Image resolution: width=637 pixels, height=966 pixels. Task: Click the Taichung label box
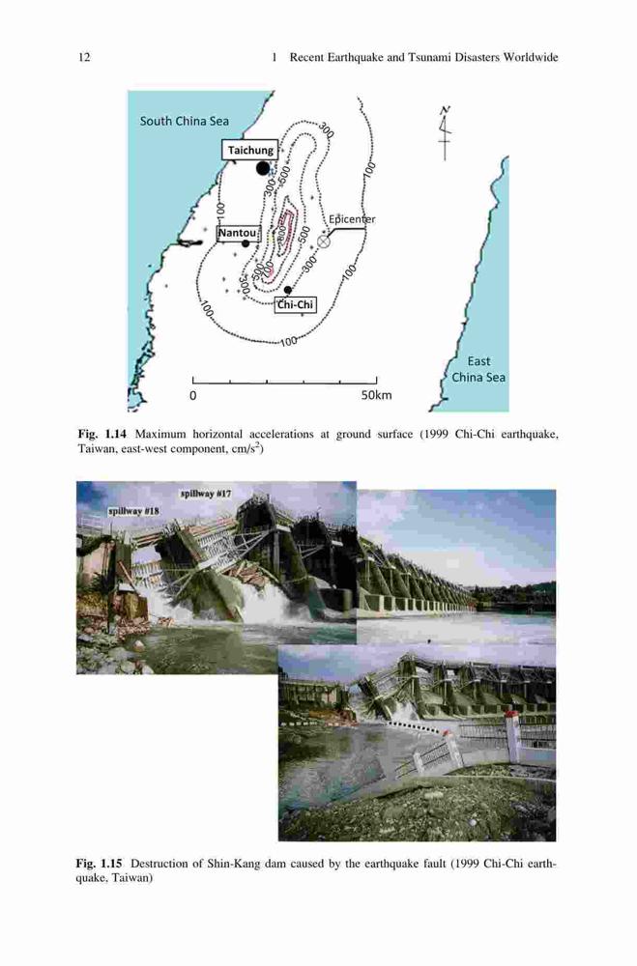[x=249, y=150]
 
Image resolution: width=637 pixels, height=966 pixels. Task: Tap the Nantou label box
[x=238, y=233]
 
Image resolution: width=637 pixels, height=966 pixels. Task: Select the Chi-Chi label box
[x=296, y=304]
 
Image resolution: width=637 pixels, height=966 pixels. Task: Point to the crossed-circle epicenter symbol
[x=324, y=241]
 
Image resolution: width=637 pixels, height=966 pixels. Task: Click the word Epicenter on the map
[x=352, y=218]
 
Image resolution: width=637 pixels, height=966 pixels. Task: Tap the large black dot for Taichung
[x=263, y=167]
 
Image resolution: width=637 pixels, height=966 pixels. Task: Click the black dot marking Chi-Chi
[x=287, y=290]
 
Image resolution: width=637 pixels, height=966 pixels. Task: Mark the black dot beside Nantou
[x=246, y=243]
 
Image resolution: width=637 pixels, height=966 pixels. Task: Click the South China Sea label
[x=185, y=121]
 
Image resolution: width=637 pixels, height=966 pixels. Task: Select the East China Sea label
[x=478, y=369]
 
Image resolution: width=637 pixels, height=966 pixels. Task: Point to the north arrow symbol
[x=445, y=132]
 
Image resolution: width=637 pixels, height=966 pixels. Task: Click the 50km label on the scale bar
[x=376, y=395]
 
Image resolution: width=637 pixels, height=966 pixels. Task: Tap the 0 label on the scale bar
[x=193, y=395]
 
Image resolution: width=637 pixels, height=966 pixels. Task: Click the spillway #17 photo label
[x=206, y=494]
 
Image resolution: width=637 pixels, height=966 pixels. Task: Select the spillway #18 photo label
[x=133, y=511]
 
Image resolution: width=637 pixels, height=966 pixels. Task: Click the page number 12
[x=84, y=57]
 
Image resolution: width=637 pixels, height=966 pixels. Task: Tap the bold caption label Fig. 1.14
[x=102, y=434]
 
